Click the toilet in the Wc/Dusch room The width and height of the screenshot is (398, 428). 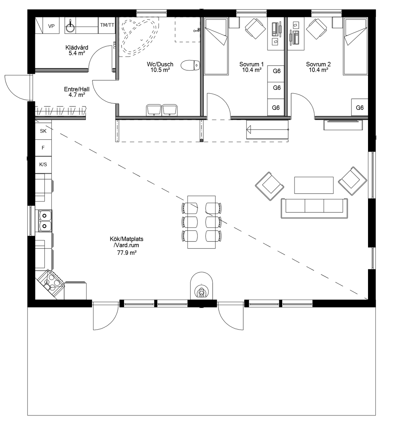[190, 66]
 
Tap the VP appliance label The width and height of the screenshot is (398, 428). [51, 26]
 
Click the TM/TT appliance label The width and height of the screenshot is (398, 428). [107, 25]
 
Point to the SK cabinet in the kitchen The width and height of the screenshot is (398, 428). [43, 131]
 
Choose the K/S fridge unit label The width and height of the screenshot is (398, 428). [43, 165]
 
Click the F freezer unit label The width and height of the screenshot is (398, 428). [43, 148]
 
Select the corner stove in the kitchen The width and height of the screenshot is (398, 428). [51, 283]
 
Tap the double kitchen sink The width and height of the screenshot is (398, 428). [45, 221]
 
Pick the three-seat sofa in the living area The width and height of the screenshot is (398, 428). [314, 208]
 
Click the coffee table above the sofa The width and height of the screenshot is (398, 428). [314, 185]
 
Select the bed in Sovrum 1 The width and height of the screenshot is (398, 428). [216, 46]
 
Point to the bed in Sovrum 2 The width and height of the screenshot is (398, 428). [355, 46]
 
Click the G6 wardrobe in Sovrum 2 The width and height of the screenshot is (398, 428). [359, 108]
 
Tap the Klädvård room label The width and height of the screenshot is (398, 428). [77, 48]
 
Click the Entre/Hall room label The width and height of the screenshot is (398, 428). [77, 89]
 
